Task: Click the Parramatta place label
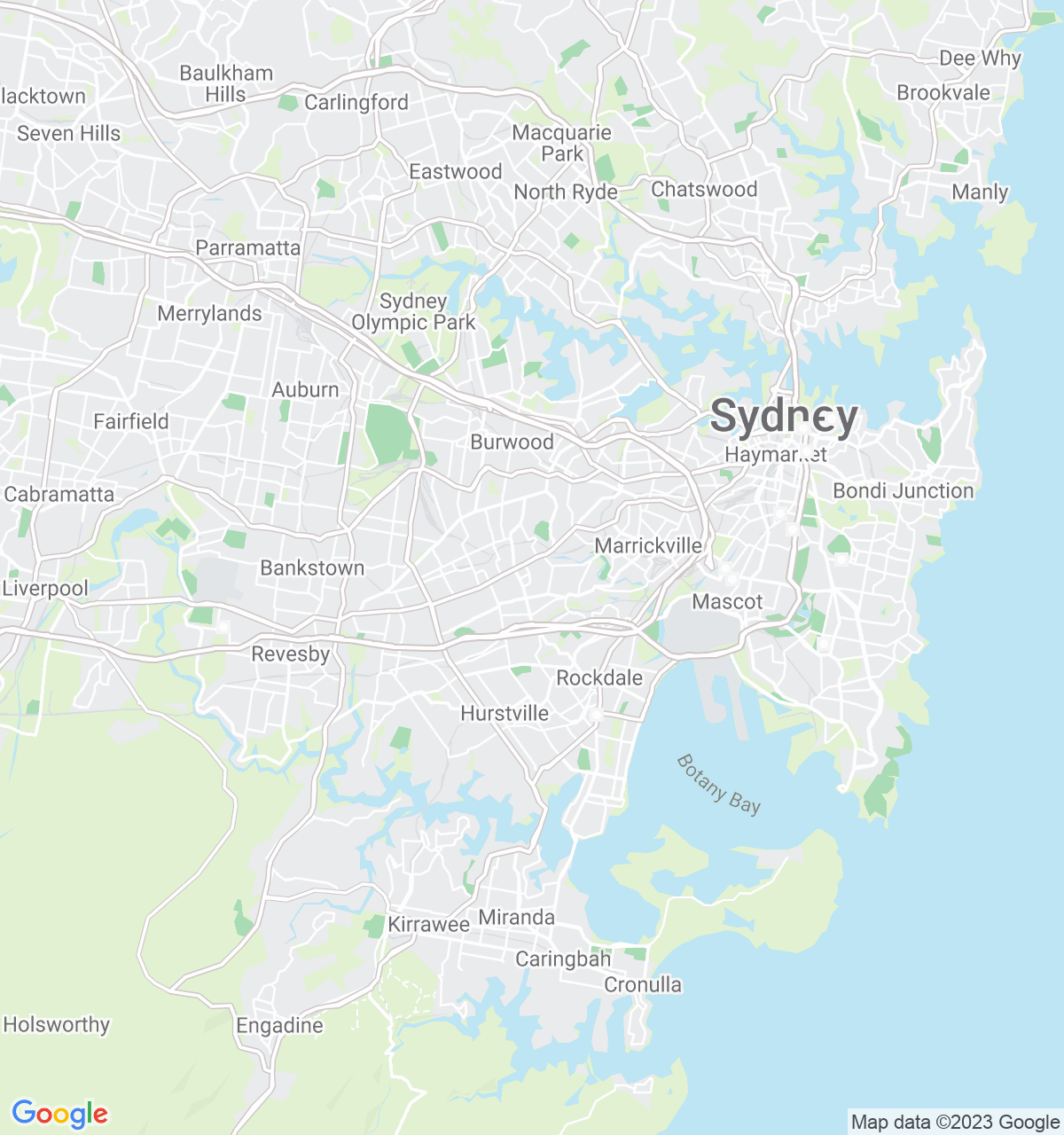pyautogui.click(x=247, y=247)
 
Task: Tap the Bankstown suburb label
pyautogui.click(x=312, y=567)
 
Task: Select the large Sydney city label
pyautogui.click(x=784, y=416)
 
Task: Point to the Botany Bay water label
pyautogui.click(x=718, y=783)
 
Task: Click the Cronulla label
pyautogui.click(x=643, y=984)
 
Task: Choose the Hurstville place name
pyautogui.click(x=505, y=713)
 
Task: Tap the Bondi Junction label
pyautogui.click(x=903, y=490)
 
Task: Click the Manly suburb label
pyautogui.click(x=980, y=192)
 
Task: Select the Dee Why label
pyautogui.click(x=980, y=59)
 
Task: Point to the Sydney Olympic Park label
pyautogui.click(x=414, y=312)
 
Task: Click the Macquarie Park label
pyautogui.click(x=562, y=143)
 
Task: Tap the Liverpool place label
pyautogui.click(x=45, y=588)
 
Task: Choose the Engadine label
pyautogui.click(x=279, y=1025)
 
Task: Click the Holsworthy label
pyautogui.click(x=57, y=1024)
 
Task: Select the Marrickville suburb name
pyautogui.click(x=648, y=545)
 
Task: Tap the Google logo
pyautogui.click(x=59, y=1114)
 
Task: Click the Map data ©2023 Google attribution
pyautogui.click(x=955, y=1123)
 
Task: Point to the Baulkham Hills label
pyautogui.click(x=226, y=83)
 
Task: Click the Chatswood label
pyautogui.click(x=704, y=189)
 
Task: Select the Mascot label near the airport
pyautogui.click(x=727, y=601)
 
